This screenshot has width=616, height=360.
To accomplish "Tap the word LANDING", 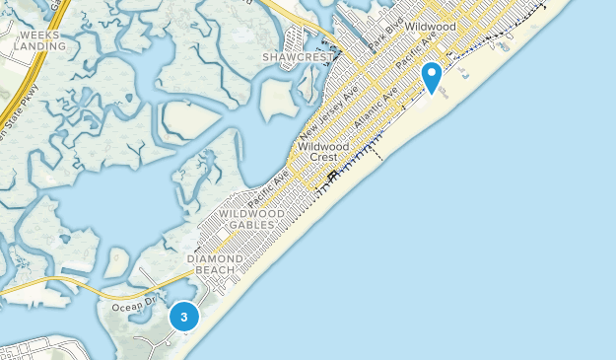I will coord(39,45).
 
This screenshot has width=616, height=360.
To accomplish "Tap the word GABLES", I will coord(252,225).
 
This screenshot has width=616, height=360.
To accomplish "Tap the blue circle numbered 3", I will coord(183,317).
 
